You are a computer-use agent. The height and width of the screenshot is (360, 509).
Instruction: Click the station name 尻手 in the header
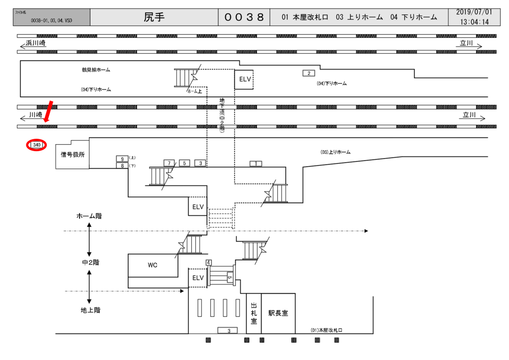[x=154, y=17]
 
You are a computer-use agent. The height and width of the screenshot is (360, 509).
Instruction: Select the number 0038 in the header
[x=244, y=17]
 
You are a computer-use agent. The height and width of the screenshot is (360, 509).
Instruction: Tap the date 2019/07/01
[x=474, y=12]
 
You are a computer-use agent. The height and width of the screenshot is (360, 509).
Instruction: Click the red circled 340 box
[x=37, y=145]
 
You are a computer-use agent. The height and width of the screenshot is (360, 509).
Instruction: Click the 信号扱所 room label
[x=73, y=155]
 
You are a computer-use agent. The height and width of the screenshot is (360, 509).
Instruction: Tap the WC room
[x=153, y=265]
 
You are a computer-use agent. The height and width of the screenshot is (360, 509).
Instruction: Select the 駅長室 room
[x=278, y=313]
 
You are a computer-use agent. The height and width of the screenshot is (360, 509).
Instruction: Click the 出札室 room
[x=254, y=313]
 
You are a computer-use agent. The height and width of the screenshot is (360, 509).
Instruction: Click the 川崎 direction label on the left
[x=35, y=115]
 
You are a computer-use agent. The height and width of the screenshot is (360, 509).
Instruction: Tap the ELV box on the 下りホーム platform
[x=244, y=79]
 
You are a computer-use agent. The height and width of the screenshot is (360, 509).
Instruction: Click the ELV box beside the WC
[x=198, y=277]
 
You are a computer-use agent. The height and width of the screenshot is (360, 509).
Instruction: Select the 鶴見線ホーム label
[x=96, y=70]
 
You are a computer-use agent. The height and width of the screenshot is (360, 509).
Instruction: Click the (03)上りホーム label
[x=336, y=152]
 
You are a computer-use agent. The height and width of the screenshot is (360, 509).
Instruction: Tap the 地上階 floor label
[x=90, y=310]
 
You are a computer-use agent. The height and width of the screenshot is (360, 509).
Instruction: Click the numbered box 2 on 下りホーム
[x=309, y=74]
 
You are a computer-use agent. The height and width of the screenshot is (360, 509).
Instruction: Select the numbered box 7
[x=170, y=163]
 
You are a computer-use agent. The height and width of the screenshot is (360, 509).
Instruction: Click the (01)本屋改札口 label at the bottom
[x=327, y=330]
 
